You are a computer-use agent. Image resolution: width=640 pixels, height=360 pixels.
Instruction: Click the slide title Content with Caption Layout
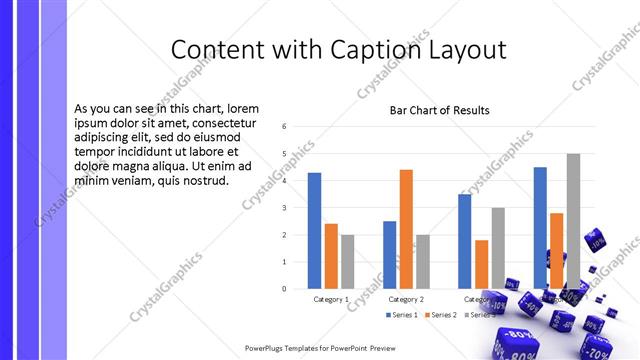click(x=338, y=50)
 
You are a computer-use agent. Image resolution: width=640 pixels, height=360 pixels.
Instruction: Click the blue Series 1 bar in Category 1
click(x=314, y=231)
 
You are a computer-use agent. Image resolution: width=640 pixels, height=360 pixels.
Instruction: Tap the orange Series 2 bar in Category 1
click(x=331, y=256)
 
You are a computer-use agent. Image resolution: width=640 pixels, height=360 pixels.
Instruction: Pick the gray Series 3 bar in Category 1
click(x=347, y=262)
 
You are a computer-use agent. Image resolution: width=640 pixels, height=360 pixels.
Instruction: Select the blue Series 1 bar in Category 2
click(x=389, y=255)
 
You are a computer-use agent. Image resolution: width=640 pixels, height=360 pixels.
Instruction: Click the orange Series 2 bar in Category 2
click(x=406, y=229)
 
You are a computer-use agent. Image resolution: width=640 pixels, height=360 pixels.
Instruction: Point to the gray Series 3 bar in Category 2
click(x=422, y=262)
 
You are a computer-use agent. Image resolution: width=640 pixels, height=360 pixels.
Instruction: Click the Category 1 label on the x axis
click(x=331, y=299)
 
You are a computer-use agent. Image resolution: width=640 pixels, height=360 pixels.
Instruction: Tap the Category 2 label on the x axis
click(x=406, y=299)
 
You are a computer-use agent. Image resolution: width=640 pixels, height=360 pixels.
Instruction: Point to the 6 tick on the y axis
click(x=285, y=127)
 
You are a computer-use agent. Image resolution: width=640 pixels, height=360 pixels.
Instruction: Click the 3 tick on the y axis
click(x=285, y=208)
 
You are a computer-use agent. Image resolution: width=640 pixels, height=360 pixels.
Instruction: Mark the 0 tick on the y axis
click(x=285, y=289)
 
